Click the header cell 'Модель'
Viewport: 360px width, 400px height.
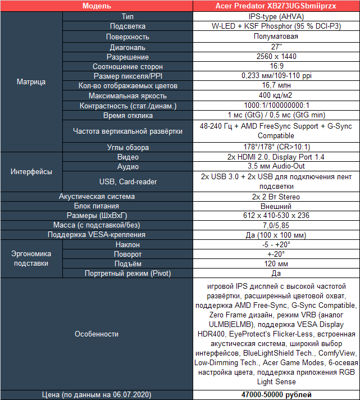pyautogui.click(x=97, y=6)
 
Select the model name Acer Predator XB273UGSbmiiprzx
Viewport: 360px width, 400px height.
pyautogui.click(x=276, y=6)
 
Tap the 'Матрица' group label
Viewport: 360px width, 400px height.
pyautogui.click(x=31, y=81)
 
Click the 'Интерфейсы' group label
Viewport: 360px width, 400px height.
pyautogui.click(x=31, y=171)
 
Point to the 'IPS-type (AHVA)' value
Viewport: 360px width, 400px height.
pyautogui.click(x=276, y=16)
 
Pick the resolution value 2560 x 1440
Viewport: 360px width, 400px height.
pyautogui.click(x=276, y=57)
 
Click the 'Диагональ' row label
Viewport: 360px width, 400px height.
pyautogui.click(x=127, y=47)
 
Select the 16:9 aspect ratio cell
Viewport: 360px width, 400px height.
pyautogui.click(x=276, y=66)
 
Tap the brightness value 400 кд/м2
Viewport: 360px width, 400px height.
pyautogui.click(x=276, y=96)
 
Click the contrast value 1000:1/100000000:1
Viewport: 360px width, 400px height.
pyautogui.click(x=276, y=106)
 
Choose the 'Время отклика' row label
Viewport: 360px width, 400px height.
pyautogui.click(x=127, y=116)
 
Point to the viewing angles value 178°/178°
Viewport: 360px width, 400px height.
pyautogui.click(x=276, y=147)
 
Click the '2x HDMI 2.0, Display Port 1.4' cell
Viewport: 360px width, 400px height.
pyautogui.click(x=276, y=157)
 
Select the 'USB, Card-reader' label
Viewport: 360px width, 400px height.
pyautogui.click(x=127, y=181)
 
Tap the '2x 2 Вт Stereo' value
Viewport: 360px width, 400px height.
pyautogui.click(x=276, y=197)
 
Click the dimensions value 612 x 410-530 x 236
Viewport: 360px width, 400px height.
pyautogui.click(x=276, y=216)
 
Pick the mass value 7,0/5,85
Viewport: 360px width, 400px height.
pyautogui.click(x=276, y=225)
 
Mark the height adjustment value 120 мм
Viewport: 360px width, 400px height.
pyautogui.click(x=276, y=263)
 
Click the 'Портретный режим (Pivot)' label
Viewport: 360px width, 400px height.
pyautogui.click(x=127, y=273)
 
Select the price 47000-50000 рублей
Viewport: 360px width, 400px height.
pyautogui.click(x=276, y=395)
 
